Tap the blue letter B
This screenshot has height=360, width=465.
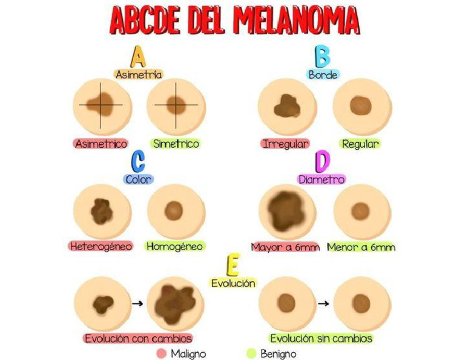tap(323, 56)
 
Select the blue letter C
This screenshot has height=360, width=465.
tap(138, 161)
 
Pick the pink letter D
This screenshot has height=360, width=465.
tap(323, 162)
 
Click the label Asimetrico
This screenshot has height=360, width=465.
tap(101, 144)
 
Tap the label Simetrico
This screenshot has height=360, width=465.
tap(176, 144)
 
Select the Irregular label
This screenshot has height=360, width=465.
tap(286, 144)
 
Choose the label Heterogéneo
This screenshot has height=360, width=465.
tap(101, 247)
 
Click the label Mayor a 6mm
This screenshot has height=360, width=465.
tap(286, 247)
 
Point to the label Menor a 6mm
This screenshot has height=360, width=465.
tap(361, 247)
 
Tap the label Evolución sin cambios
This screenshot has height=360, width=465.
tap(321, 338)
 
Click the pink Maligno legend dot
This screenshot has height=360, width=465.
tap(161, 353)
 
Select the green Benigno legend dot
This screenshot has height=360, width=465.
tap(251, 353)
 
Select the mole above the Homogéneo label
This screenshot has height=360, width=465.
tap(175, 211)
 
